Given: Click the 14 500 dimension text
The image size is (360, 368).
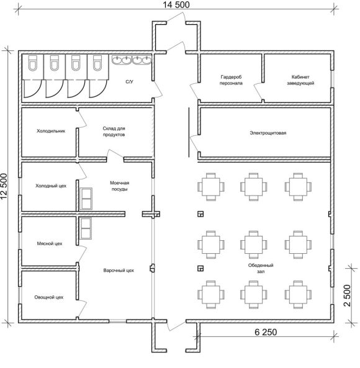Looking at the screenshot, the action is [x=176, y=5].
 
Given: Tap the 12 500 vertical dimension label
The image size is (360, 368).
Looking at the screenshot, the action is [x=4, y=187].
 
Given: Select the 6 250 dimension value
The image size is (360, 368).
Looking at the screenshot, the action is [x=266, y=332].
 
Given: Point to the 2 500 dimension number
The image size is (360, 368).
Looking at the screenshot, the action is [x=348, y=295].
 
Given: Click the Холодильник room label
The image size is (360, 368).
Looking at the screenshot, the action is [x=51, y=131].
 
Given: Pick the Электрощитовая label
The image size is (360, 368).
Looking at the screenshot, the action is [x=268, y=133].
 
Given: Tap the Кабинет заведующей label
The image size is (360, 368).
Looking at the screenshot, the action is [x=300, y=80].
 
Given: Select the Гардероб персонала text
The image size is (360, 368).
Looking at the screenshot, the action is [x=231, y=80].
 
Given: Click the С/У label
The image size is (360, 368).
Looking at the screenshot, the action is [x=129, y=82].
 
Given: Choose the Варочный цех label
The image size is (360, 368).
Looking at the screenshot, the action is [x=119, y=271].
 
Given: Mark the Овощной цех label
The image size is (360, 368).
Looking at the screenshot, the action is [x=49, y=297].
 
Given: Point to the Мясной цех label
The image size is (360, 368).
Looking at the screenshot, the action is [x=50, y=244].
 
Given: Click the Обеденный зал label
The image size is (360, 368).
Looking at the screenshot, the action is [x=261, y=268].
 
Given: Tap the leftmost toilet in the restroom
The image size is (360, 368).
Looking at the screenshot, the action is [x=33, y=63].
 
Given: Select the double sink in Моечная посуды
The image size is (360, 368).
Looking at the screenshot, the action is [x=86, y=199].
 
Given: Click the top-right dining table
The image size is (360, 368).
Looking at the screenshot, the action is [x=298, y=187].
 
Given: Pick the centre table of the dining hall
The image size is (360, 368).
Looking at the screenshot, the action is [x=253, y=245].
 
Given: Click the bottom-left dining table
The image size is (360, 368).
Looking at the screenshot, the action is [x=211, y=295].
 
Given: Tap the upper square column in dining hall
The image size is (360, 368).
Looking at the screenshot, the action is [x=200, y=214].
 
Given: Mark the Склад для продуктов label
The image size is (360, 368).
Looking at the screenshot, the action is [x=114, y=132].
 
